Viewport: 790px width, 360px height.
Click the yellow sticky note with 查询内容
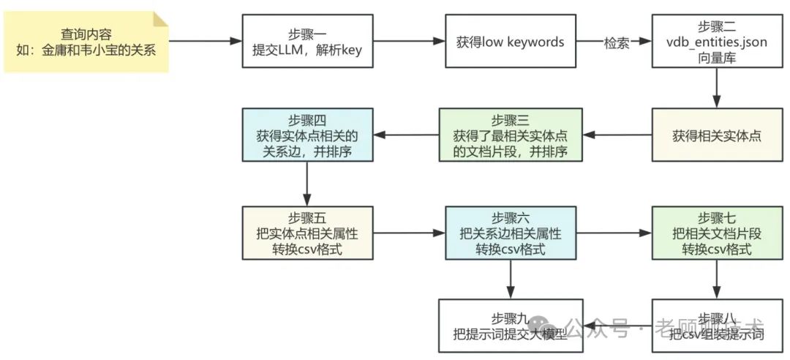pyautogui.click(x=86, y=42)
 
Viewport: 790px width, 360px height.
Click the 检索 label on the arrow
pyautogui.click(x=615, y=42)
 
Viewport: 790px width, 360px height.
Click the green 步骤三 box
pyautogui.click(x=511, y=135)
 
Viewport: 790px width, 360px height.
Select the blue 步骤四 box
pyautogui.click(x=308, y=135)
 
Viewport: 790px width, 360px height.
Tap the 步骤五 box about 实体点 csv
pyautogui.click(x=308, y=232)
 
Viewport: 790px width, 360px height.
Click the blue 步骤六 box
pyautogui.click(x=511, y=232)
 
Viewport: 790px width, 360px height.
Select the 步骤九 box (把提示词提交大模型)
pyautogui.click(x=511, y=325)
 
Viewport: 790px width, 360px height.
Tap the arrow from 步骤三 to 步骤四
pyautogui.click(x=406, y=135)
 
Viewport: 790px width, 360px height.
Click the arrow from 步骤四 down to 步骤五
pyautogui.click(x=308, y=184)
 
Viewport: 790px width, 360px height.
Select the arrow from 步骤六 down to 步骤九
pyautogui.click(x=511, y=279)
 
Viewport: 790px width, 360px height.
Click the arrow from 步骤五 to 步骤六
pyautogui.click(x=406, y=233)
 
